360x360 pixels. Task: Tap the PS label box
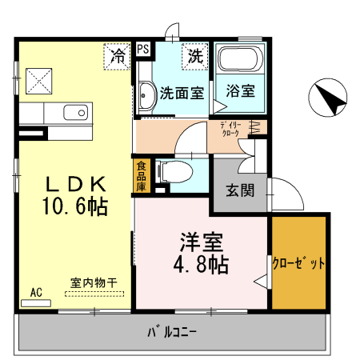143,50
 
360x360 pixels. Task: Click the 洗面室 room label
181,92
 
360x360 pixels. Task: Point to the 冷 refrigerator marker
118,56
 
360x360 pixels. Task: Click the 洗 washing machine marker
195,56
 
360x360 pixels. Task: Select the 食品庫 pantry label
141,176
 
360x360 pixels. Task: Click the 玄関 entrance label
239,191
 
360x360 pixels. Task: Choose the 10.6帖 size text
74,207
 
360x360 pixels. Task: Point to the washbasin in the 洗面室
146,97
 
